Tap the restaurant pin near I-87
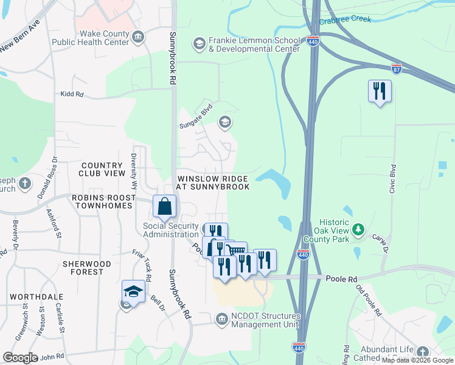pos(380,92)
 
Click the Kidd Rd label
pos(71,94)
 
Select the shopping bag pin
pos(165,207)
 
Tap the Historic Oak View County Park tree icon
pos(359,229)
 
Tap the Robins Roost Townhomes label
pos(102,201)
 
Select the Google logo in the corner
pos(20,358)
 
